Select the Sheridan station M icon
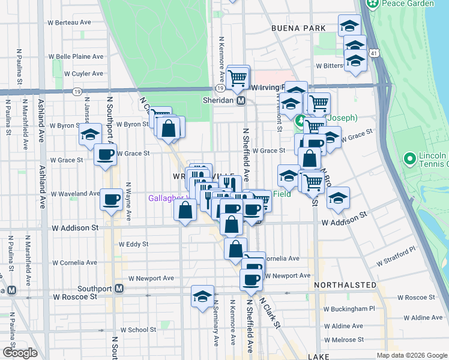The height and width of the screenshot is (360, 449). coord(241,101)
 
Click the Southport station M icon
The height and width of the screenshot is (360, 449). coord(119,288)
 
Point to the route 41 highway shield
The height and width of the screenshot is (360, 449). coord(374,54)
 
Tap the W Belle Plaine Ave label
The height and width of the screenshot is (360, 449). coord(76,56)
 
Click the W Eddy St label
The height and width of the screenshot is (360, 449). coord(133,244)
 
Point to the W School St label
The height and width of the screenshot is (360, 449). coord(138,329)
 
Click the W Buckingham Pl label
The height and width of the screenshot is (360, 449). coord(349,308)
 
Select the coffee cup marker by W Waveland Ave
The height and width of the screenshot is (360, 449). coord(112,199)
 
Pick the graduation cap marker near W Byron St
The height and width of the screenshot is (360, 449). coord(90,133)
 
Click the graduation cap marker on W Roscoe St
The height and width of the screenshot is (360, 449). coord(203,295)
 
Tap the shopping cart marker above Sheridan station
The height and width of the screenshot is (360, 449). coord(238,77)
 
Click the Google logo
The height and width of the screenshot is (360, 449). coord(19,353)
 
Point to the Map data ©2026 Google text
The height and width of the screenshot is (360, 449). coord(411,355)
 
